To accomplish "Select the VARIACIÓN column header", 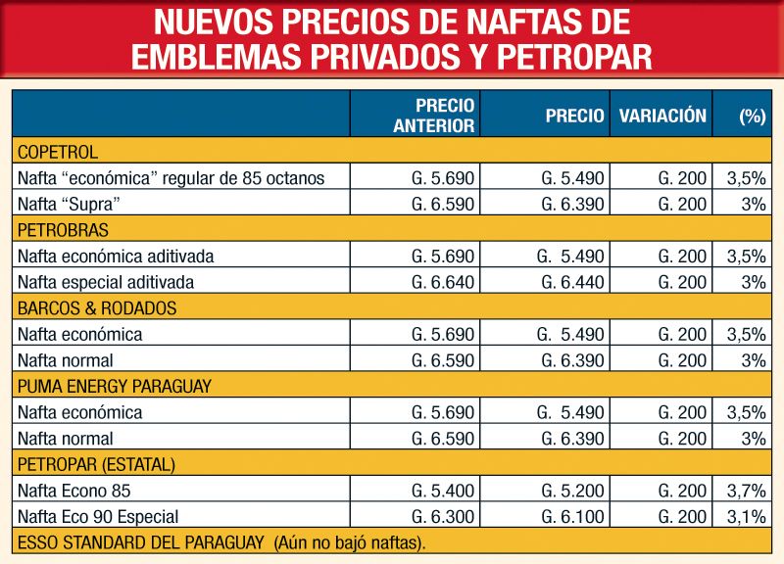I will click(662, 115).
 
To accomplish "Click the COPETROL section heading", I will click(58, 152).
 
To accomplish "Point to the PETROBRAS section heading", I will click(63, 230).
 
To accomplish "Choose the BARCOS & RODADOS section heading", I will click(96, 308).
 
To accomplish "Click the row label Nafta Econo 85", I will click(73, 491).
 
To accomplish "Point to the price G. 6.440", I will click(572, 282).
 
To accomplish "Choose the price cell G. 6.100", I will click(572, 516).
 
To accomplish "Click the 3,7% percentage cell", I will click(747, 491).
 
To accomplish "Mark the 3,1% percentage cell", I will click(747, 516).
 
